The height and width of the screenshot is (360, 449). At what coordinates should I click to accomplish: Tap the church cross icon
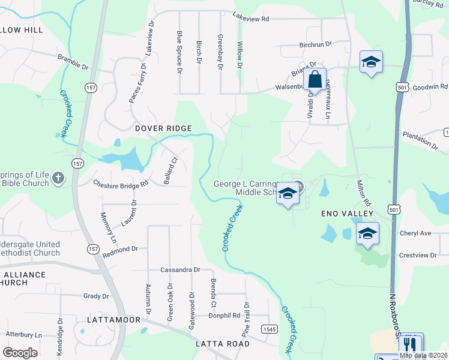click(58, 178)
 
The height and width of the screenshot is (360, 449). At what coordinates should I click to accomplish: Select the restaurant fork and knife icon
click(411, 344)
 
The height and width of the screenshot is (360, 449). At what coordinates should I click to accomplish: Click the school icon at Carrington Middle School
click(288, 194)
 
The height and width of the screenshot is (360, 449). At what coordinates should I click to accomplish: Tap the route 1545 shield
click(270, 329)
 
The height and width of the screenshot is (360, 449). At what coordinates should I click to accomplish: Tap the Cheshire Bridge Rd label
click(120, 184)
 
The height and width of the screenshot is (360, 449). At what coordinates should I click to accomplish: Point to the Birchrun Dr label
click(315, 44)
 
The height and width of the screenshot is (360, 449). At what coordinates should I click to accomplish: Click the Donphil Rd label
click(224, 315)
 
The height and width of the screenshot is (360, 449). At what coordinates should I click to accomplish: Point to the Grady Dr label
click(96, 296)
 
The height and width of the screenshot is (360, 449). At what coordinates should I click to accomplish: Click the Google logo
click(20, 352)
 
